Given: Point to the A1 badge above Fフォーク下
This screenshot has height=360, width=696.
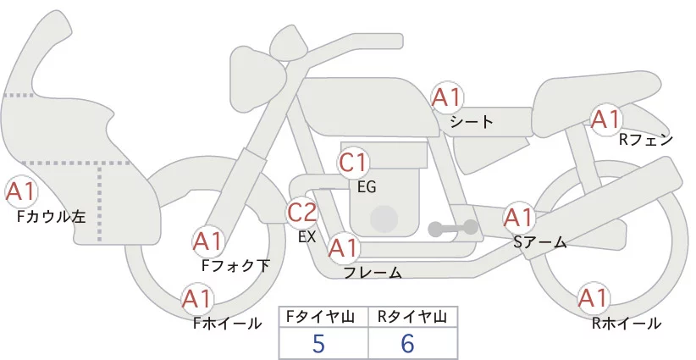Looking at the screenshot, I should (x=207, y=242).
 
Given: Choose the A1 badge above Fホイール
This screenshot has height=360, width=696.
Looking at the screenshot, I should (x=197, y=299).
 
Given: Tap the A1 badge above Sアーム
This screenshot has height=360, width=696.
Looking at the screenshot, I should (x=518, y=217).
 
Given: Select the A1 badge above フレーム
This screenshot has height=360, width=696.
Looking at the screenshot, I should (x=344, y=248).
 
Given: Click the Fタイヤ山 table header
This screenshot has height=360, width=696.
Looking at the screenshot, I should (x=323, y=317).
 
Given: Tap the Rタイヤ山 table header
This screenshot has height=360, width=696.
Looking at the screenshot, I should (x=412, y=317).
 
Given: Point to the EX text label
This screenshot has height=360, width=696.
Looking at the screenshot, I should (x=307, y=237).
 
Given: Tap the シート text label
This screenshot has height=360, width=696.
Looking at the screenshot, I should (x=472, y=121).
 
